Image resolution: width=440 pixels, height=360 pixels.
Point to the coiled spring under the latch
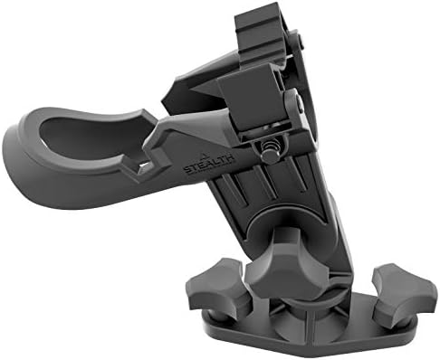coord(269,145)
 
